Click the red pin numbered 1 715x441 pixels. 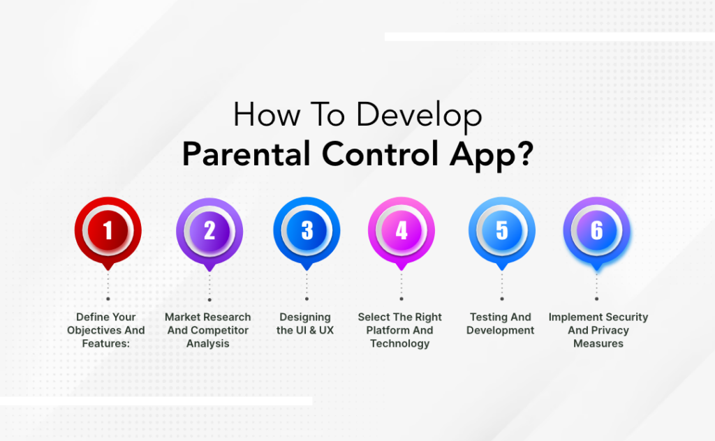coord(108,231)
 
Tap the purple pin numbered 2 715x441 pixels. coord(209,231)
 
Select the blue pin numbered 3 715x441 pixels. coord(307,231)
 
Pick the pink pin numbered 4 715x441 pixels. coord(401,231)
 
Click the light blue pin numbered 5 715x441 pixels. coord(501,231)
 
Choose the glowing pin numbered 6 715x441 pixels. coord(596,231)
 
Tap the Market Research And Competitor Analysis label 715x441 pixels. coord(208,330)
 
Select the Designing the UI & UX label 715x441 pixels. coord(305,324)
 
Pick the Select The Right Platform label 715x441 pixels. coord(400,330)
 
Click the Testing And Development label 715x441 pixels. coord(501,324)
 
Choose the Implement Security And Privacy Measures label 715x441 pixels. coord(598,330)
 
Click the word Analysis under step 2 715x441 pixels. coord(208,343)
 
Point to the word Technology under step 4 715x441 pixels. coord(400,343)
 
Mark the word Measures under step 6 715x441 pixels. coord(598,343)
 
